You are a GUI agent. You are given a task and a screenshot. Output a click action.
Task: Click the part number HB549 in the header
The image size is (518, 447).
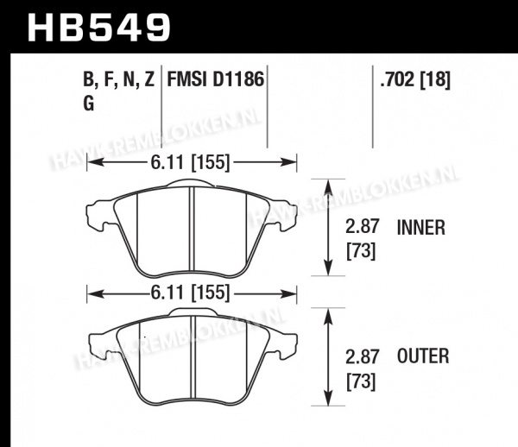point(99,27)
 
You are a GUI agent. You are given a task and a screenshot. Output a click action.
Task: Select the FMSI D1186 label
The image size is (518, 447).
point(216,79)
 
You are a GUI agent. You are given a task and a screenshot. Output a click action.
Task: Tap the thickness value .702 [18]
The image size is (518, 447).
point(415,80)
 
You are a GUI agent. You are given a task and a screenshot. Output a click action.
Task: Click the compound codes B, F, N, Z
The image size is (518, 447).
point(119,80)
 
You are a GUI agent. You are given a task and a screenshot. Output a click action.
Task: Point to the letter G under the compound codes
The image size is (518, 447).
point(89,104)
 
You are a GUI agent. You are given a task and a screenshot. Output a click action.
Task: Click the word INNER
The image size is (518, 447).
point(421,228)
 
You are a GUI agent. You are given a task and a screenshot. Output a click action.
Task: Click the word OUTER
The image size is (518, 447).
point(423,356)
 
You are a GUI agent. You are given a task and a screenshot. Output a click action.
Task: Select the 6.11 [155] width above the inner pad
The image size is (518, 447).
point(190,162)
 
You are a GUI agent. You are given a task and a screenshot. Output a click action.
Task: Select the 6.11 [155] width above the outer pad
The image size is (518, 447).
point(190,293)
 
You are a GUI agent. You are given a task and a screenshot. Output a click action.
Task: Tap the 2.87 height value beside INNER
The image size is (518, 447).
point(362,228)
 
